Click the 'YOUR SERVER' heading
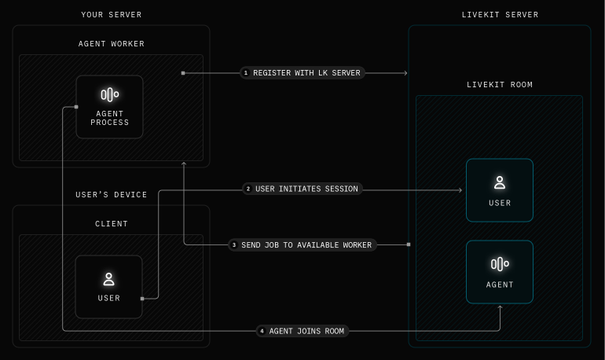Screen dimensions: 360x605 click(x=111, y=15)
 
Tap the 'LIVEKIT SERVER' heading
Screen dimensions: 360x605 click(x=499, y=15)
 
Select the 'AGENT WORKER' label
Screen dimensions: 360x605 click(x=111, y=44)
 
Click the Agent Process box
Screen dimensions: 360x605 click(x=109, y=107)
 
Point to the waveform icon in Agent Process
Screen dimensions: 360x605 click(x=109, y=95)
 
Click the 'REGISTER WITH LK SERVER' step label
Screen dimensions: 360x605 click(x=306, y=73)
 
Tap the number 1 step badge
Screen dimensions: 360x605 click(x=246, y=73)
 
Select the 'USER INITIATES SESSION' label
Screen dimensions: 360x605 click(x=306, y=189)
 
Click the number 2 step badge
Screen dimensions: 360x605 click(x=248, y=189)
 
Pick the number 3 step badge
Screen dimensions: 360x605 click(x=234, y=245)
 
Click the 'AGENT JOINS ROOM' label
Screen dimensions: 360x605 click(x=306, y=331)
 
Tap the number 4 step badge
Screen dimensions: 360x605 click(x=262, y=331)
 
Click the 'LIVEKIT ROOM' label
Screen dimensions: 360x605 click(x=499, y=85)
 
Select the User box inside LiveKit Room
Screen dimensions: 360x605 click(x=499, y=190)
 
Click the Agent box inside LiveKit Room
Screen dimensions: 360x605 click(x=499, y=272)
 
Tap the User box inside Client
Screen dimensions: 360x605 click(x=109, y=287)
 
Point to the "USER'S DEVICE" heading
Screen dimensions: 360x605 click(x=111, y=195)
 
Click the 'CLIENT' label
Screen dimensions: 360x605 click(x=111, y=224)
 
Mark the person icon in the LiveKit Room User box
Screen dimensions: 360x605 click(x=499, y=182)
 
